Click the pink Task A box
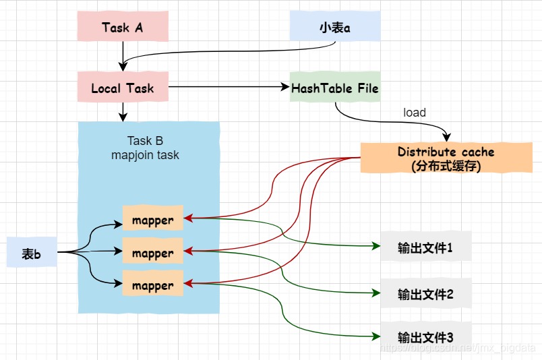pyautogui.click(x=122, y=28)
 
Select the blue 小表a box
pyautogui.click(x=335, y=28)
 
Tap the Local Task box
pyautogui.click(x=122, y=88)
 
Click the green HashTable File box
pyautogui.click(x=335, y=88)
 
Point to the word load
pyautogui.click(x=414, y=113)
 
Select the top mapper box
pyautogui.click(x=152, y=220)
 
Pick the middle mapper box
pyautogui.click(x=152, y=253)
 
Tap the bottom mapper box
pyautogui.click(x=152, y=285)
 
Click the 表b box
pyautogui.click(x=31, y=253)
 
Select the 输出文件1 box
pyautogui.click(x=425, y=248)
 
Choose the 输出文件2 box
pyautogui.click(x=425, y=294)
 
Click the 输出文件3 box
pyautogui.click(x=425, y=336)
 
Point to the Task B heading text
pyautogui.click(x=145, y=141)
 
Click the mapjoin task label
pyautogui.click(x=145, y=155)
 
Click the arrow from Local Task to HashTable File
pyautogui.click(x=229, y=87)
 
